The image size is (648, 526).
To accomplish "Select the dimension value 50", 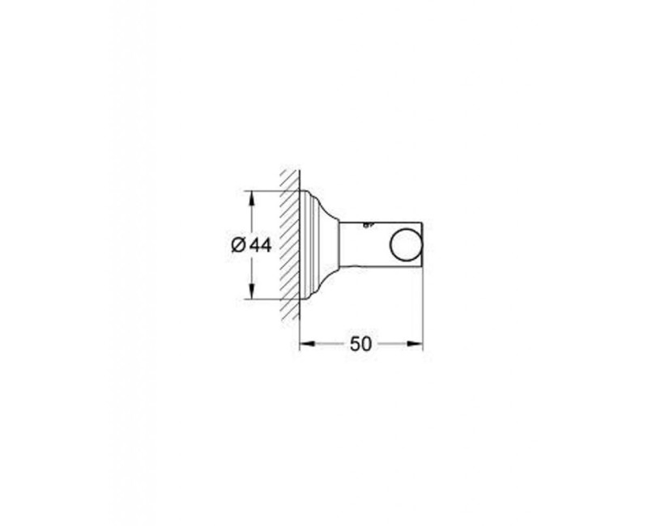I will [361, 344].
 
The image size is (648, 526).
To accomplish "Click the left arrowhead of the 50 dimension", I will [305, 344].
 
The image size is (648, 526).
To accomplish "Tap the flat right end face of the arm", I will [423, 244].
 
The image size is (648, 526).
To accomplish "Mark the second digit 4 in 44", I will [266, 245].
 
